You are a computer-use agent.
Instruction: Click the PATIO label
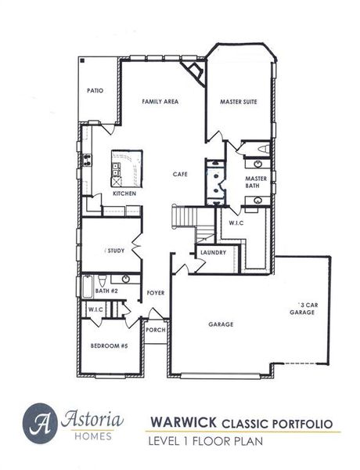pyautogui.click(x=94, y=91)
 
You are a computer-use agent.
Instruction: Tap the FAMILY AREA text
pyautogui.click(x=159, y=102)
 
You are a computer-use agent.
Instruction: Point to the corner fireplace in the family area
pyautogui.click(x=193, y=71)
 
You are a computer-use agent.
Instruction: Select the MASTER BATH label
pyautogui.click(x=257, y=182)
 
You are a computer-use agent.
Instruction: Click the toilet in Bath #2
pyautogui.click(x=125, y=279)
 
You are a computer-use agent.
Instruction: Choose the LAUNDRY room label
pyautogui.click(x=213, y=252)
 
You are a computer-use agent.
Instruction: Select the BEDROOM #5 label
pyautogui.click(x=110, y=345)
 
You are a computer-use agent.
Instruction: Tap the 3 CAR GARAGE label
pyautogui.click(x=303, y=307)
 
